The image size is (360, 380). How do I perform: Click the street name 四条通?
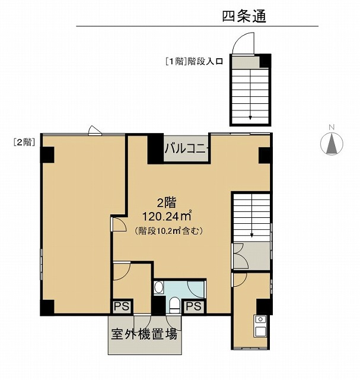(244, 17)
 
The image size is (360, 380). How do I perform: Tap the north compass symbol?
(332, 144)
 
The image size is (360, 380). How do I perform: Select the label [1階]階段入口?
(194, 61)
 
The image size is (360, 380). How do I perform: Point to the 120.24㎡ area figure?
(167, 216)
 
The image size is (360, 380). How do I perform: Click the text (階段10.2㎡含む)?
(168, 231)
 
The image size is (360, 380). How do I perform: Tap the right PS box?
(194, 306)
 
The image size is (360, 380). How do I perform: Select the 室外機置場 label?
(144, 334)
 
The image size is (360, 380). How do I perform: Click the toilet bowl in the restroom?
(173, 305)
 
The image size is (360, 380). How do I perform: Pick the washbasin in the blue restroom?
(159, 287)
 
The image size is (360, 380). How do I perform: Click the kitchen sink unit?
(260, 326)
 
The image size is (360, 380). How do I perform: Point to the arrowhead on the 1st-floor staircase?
(250, 118)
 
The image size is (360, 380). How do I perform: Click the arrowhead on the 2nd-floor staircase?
(252, 235)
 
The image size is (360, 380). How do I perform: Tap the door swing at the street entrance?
(243, 43)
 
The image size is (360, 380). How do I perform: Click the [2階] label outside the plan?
(24, 142)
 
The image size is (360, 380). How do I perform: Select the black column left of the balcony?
(155, 148)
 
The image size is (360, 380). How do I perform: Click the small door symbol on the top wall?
(95, 130)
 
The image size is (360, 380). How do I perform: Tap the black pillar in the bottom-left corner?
(47, 308)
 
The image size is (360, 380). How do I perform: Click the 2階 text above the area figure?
(167, 203)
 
